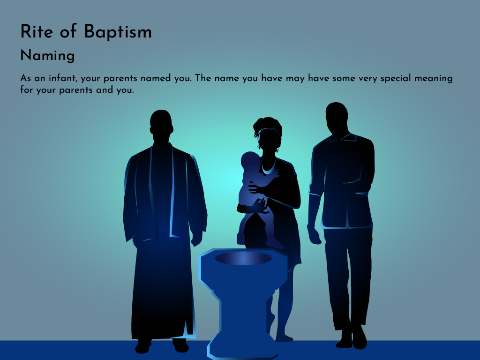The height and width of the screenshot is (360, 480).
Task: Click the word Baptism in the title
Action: pos(118,32)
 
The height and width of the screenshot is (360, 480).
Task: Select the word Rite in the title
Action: pos(37,31)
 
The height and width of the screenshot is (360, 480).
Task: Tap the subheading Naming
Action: pos(47,56)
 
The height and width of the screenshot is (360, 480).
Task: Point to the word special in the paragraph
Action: pos(396,79)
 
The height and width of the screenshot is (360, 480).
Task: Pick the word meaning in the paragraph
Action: pos(434,79)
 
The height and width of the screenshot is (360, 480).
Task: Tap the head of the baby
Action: pos(250,160)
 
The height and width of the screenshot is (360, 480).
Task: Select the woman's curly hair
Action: pos(267,126)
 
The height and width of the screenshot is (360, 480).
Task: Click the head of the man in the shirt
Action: pos(337,117)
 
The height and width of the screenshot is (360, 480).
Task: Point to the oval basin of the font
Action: pos(243,258)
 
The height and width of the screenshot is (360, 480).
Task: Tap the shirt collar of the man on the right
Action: pos(343,137)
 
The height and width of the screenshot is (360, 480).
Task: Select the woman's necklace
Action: pos(268,168)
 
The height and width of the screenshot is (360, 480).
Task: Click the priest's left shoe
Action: pos(181,345)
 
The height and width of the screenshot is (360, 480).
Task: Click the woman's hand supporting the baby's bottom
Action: pos(260,207)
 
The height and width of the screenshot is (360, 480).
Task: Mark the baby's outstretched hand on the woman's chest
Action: pos(274,173)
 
